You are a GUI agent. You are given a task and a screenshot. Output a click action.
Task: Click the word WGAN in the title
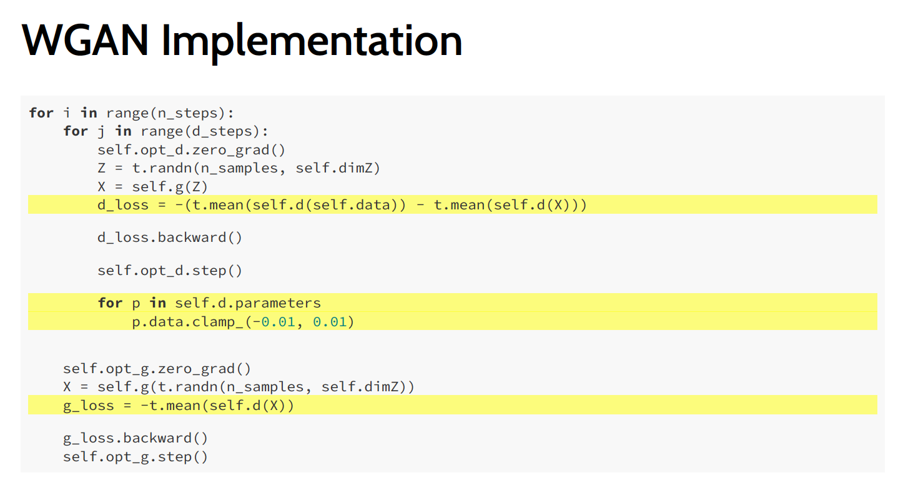pos(85,41)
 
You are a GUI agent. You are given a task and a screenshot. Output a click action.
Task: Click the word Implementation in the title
pos(311,41)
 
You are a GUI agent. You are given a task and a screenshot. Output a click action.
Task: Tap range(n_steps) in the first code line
pos(170,113)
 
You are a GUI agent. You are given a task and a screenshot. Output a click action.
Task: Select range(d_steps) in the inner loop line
pos(204,131)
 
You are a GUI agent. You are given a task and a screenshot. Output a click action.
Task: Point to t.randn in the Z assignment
pos(148,167)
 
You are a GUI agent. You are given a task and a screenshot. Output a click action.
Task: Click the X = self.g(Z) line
pos(152,186)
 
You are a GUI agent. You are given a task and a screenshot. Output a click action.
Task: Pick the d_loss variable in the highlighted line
pos(123,204)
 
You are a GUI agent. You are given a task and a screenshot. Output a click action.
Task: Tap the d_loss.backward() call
pos(169,237)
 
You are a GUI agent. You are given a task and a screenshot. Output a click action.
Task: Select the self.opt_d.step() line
pos(169,271)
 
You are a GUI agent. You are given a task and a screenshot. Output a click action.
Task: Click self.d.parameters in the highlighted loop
pos(247,303)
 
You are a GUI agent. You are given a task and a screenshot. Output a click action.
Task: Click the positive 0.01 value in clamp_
pos(330,322)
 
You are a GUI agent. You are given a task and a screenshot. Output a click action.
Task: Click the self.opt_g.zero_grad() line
pos(157,369)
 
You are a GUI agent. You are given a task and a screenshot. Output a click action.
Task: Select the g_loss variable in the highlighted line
pos(88,406)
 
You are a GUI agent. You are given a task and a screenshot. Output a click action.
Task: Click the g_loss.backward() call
pos(135,438)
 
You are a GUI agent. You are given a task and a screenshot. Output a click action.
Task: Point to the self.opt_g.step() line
pos(135,457)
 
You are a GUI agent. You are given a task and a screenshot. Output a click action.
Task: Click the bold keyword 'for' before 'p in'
pos(110,303)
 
